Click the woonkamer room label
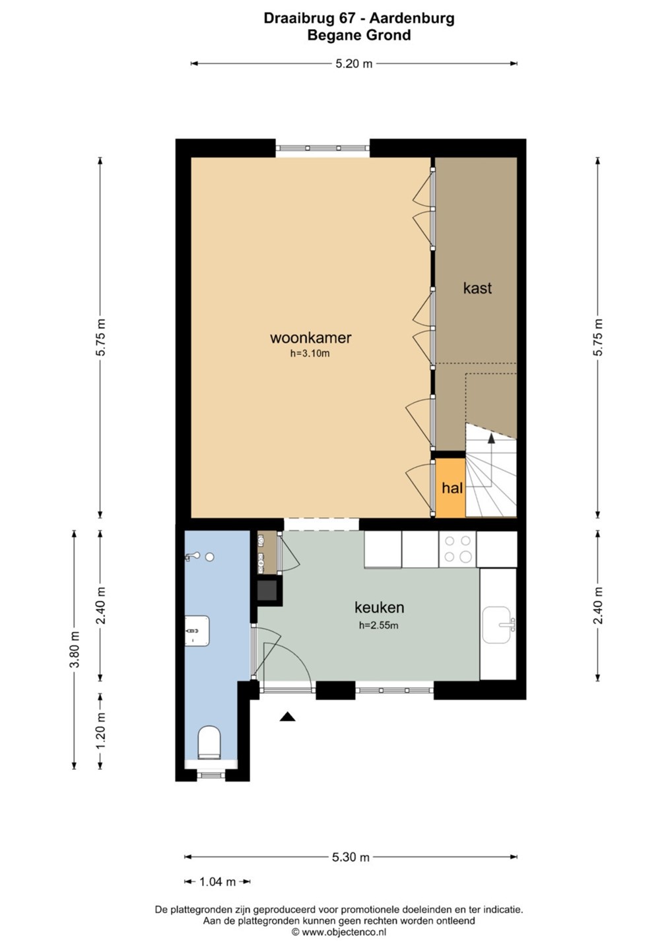point(310,338)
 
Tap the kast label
point(477,288)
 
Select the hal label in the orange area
point(452,488)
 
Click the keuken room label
point(380,608)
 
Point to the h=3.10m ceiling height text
point(310,354)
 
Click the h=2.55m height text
point(379,625)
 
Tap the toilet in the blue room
point(209,743)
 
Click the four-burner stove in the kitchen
point(457,549)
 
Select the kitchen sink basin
point(499,625)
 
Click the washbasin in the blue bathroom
point(197,631)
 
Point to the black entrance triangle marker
point(287,716)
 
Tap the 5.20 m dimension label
point(354,63)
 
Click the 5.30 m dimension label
point(351,854)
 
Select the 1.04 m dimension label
point(217,878)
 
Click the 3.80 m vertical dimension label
point(75,649)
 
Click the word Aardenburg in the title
point(411,18)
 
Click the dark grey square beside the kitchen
point(269,590)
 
